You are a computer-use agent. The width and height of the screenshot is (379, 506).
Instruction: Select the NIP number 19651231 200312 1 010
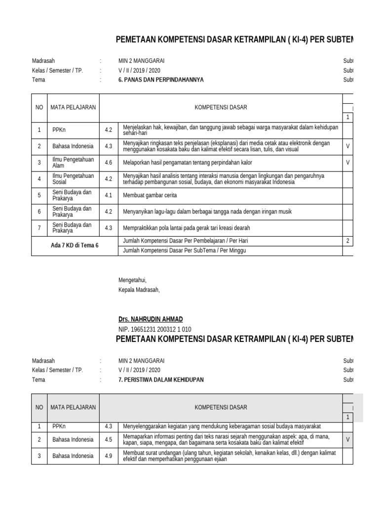pos(155,330)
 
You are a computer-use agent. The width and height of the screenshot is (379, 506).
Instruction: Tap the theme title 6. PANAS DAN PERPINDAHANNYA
pos(161,80)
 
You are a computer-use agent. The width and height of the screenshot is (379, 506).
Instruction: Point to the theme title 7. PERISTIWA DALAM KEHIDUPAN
pos(161,379)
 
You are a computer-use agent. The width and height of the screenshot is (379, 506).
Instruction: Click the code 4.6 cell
pos(109,163)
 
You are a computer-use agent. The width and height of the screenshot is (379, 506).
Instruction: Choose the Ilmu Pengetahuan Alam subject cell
pos(73,163)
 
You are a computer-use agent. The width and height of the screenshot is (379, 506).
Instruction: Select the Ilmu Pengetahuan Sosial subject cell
pos(73,179)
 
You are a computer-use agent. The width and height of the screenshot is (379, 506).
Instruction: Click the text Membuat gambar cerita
pos(150,195)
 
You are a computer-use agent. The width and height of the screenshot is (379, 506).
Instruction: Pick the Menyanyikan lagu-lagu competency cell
pos(207,211)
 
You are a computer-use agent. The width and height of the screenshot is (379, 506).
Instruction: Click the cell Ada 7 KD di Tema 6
pos(75,245)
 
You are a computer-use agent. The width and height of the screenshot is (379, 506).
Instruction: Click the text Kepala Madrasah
pos(139,290)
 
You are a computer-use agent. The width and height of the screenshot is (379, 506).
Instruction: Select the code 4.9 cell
pos(109,456)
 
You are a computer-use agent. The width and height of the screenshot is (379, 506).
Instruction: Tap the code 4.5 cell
pos(109,439)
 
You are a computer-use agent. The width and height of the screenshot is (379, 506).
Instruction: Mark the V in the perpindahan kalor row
pos(348,163)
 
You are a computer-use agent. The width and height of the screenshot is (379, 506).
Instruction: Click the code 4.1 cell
pos(109,195)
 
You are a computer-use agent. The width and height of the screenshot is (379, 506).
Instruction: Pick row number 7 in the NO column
pos(39,228)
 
